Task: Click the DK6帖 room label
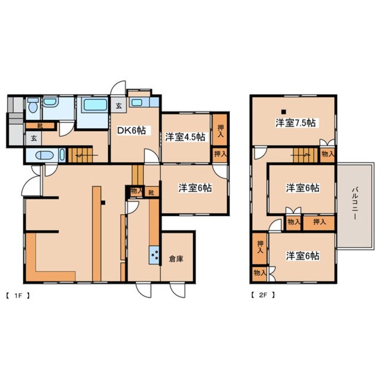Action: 131,131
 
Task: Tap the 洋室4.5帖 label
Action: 186,137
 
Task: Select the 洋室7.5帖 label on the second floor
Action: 296,123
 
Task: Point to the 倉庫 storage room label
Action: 176,259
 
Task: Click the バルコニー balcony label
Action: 354,203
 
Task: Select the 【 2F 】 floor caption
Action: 263,295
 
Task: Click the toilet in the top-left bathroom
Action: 33,105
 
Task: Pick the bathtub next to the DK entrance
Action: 94,105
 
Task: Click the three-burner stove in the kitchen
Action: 155,255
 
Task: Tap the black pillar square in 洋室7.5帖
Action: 283,112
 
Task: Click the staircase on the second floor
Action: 305,155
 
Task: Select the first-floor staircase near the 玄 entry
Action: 80,155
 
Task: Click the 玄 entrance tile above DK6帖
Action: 119,106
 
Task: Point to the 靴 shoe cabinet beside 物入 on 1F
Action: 151,192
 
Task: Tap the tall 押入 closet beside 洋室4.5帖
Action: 220,130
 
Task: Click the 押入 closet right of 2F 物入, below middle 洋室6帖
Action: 319,222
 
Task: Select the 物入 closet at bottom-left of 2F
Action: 259,273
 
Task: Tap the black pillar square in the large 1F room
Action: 103,203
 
